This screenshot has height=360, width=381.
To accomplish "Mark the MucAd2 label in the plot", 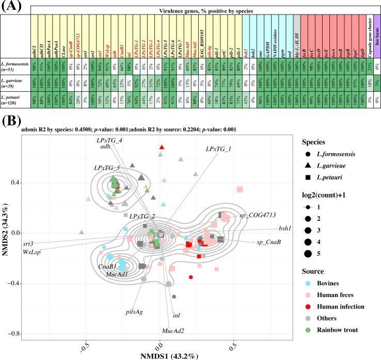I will pos(174,329).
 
